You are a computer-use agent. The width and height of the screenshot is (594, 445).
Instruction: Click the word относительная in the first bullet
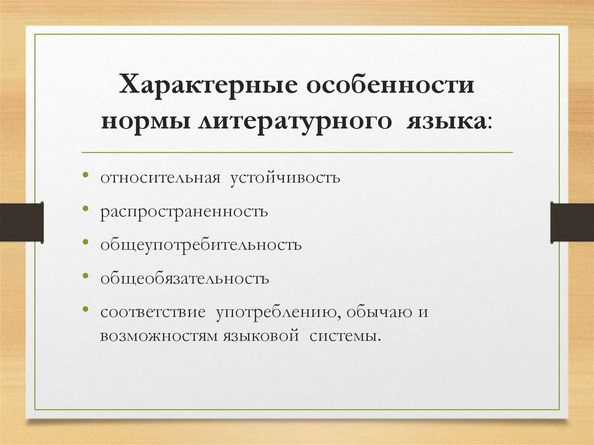160,176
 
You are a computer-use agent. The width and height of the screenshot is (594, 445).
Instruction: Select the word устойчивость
287,176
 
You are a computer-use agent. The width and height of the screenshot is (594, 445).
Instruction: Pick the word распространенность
184,210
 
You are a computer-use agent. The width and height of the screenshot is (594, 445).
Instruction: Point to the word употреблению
278,312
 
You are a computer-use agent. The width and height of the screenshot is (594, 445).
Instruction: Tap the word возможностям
158,336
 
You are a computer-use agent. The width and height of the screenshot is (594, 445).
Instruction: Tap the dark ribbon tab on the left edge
21,222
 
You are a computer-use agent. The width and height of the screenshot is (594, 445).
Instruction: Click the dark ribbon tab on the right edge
572,222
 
